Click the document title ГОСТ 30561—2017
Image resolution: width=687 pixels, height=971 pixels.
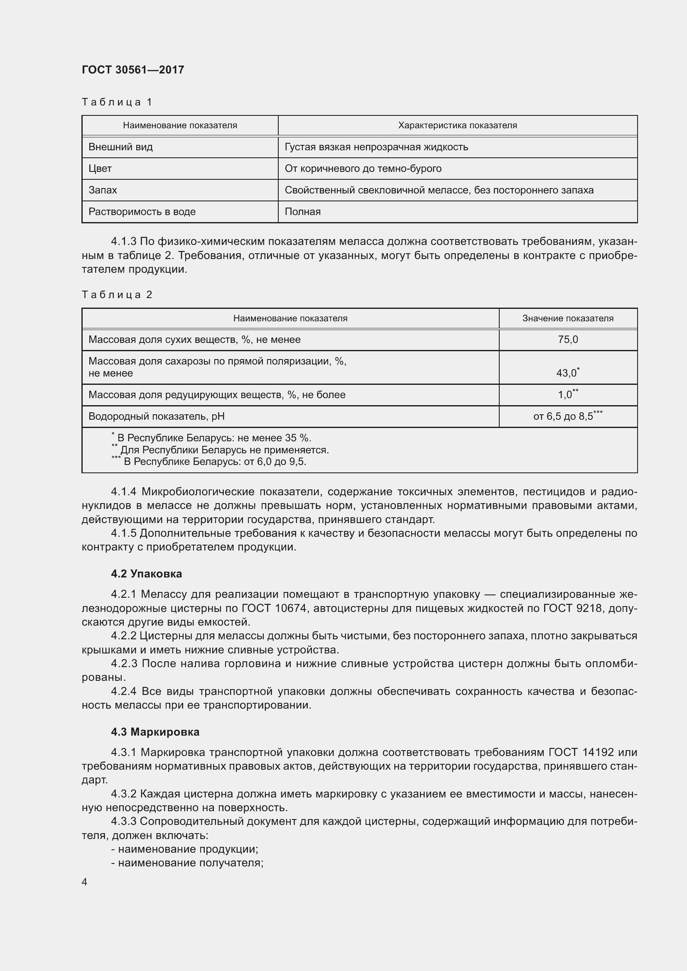133,70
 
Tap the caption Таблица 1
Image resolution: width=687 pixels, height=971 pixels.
117,102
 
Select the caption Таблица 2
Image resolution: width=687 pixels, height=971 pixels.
117,294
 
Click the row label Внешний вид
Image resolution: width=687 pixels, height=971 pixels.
120,147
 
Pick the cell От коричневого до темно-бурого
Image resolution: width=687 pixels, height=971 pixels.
363,169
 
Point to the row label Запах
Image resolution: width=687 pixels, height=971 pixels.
103,190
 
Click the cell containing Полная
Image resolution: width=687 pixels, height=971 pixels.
302,212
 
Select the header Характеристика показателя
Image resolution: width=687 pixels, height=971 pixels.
457,126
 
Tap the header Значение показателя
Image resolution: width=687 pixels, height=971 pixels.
568,318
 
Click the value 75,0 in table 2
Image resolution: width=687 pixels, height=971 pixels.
568,340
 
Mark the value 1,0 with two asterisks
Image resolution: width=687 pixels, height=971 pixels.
567,395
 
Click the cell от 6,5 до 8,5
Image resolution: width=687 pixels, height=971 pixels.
567,416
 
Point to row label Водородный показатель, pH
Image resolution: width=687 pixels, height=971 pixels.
157,416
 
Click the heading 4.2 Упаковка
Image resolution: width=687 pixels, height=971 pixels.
146,574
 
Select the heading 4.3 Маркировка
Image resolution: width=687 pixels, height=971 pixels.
155,732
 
